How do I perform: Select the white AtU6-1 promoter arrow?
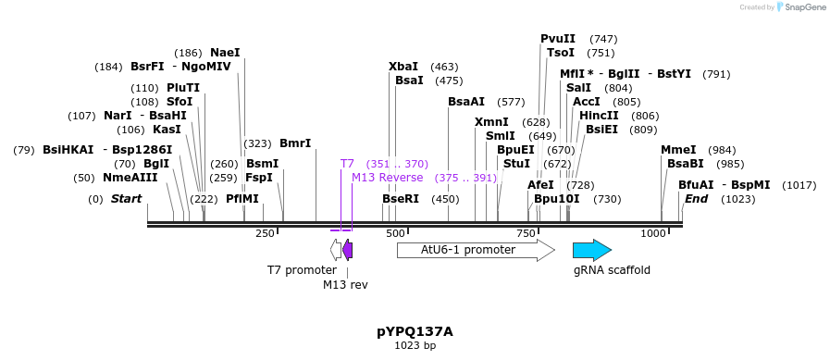(474, 250)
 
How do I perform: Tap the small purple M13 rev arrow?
(347, 250)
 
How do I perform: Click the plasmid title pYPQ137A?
(415, 330)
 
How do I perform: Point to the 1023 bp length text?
(415, 345)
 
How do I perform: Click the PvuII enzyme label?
(558, 39)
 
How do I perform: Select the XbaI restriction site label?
(403, 67)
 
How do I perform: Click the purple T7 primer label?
(347, 164)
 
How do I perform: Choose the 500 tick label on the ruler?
(395, 233)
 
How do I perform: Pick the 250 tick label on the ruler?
(265, 233)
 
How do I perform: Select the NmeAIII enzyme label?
(130, 178)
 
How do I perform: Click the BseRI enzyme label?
(401, 199)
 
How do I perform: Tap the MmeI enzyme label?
(678, 150)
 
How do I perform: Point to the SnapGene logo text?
(804, 6)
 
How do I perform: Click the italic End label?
(696, 199)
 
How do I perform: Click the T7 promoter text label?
(302, 270)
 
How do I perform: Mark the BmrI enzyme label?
(295, 143)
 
